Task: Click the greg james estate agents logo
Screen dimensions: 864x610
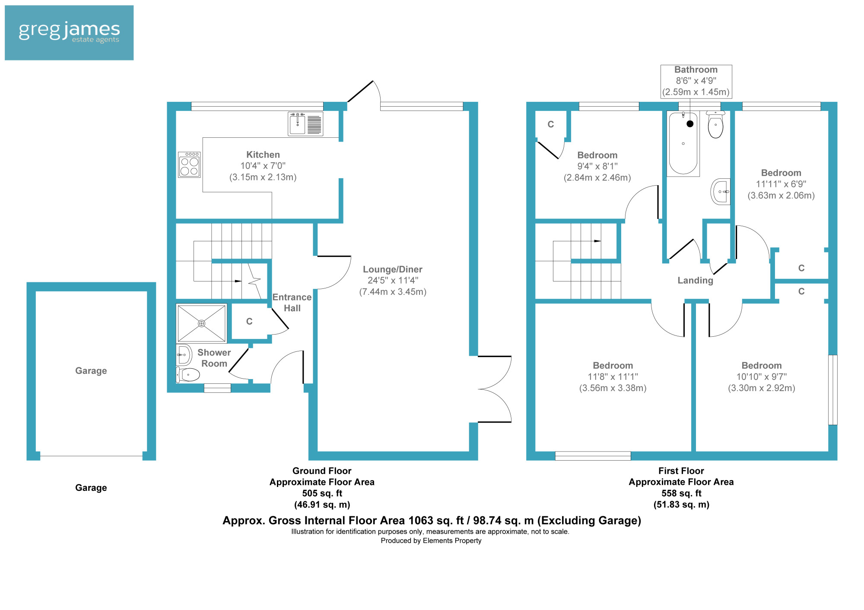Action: coord(69,33)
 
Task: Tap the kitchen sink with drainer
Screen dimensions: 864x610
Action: coord(305,123)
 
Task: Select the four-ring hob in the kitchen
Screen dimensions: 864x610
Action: coord(189,164)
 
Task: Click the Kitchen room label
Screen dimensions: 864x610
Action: coord(263,155)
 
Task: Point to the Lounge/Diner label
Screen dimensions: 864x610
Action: coord(393,269)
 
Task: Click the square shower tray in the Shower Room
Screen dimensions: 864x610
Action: coord(201,323)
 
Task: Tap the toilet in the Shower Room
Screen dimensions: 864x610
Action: coord(188,374)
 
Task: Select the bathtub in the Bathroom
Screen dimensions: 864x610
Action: coord(683,143)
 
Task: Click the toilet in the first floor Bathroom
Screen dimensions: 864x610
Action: coord(715,125)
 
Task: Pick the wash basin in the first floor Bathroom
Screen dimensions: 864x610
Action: coord(721,191)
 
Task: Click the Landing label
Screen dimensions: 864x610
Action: coord(695,281)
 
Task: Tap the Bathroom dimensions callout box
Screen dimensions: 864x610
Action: coord(696,81)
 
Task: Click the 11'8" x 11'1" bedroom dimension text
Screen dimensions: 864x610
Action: coord(613,377)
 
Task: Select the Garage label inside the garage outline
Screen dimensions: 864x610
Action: coord(91,371)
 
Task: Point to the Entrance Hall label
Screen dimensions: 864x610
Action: coord(292,303)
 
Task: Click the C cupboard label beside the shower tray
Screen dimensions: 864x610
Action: coord(249,322)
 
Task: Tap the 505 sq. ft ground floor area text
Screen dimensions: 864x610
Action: coord(322,493)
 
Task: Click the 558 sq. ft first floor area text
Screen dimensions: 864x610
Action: coord(681,493)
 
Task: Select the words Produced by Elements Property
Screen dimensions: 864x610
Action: coord(431,541)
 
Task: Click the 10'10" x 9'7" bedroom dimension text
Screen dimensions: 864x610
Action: coord(761,377)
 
